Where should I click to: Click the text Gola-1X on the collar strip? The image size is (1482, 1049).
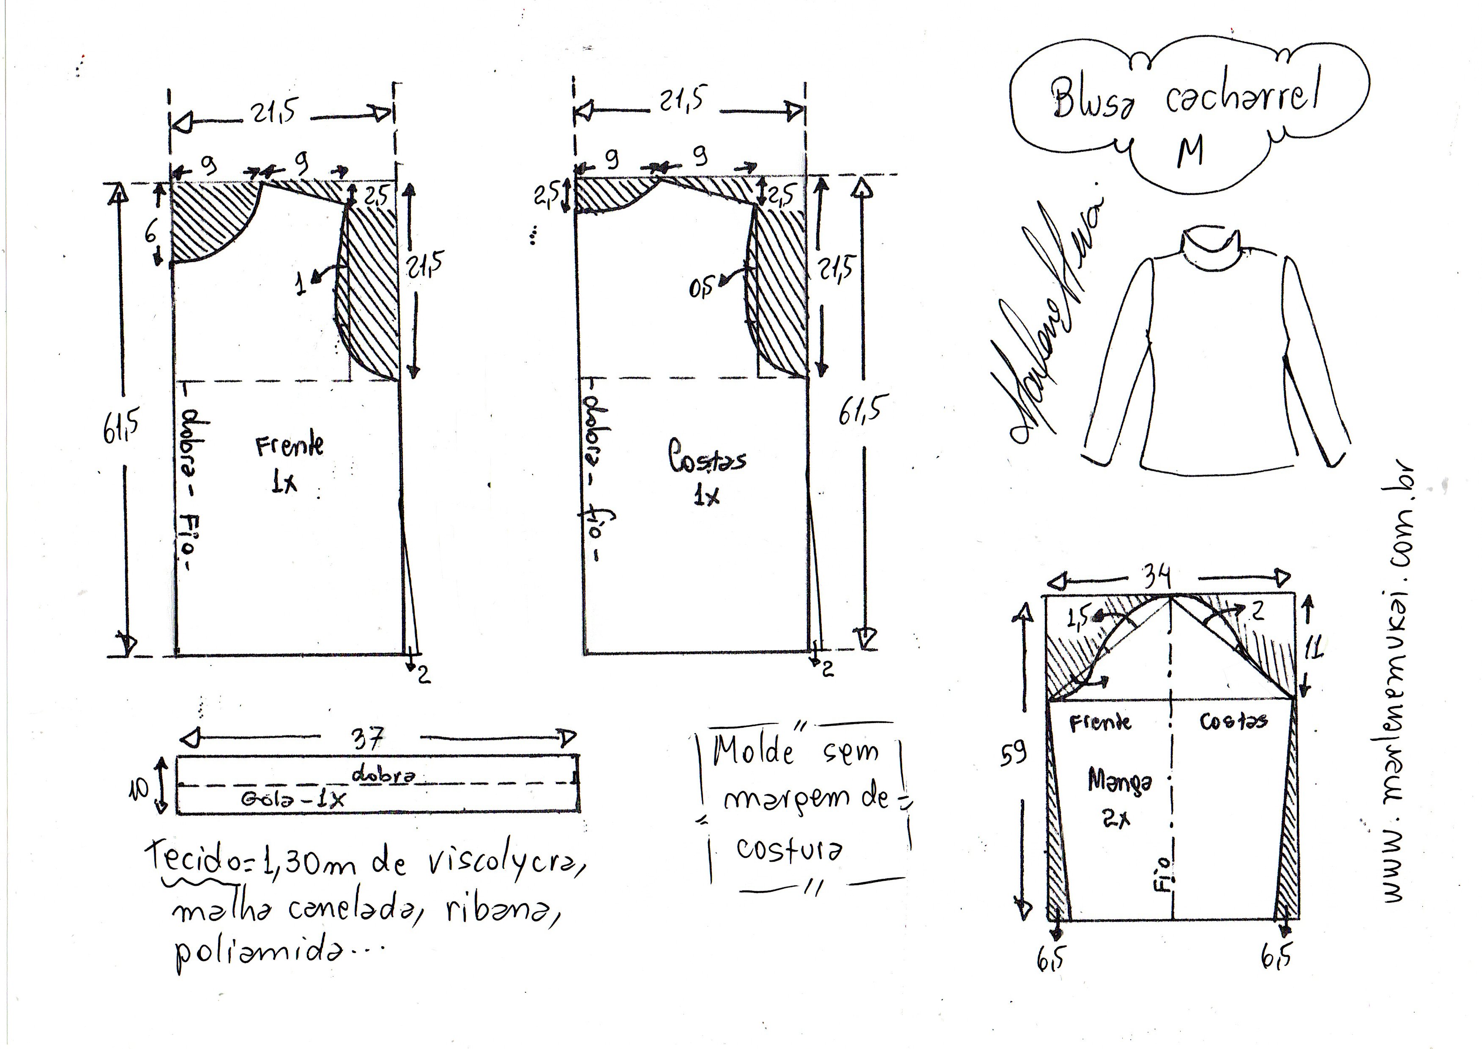point(294,799)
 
